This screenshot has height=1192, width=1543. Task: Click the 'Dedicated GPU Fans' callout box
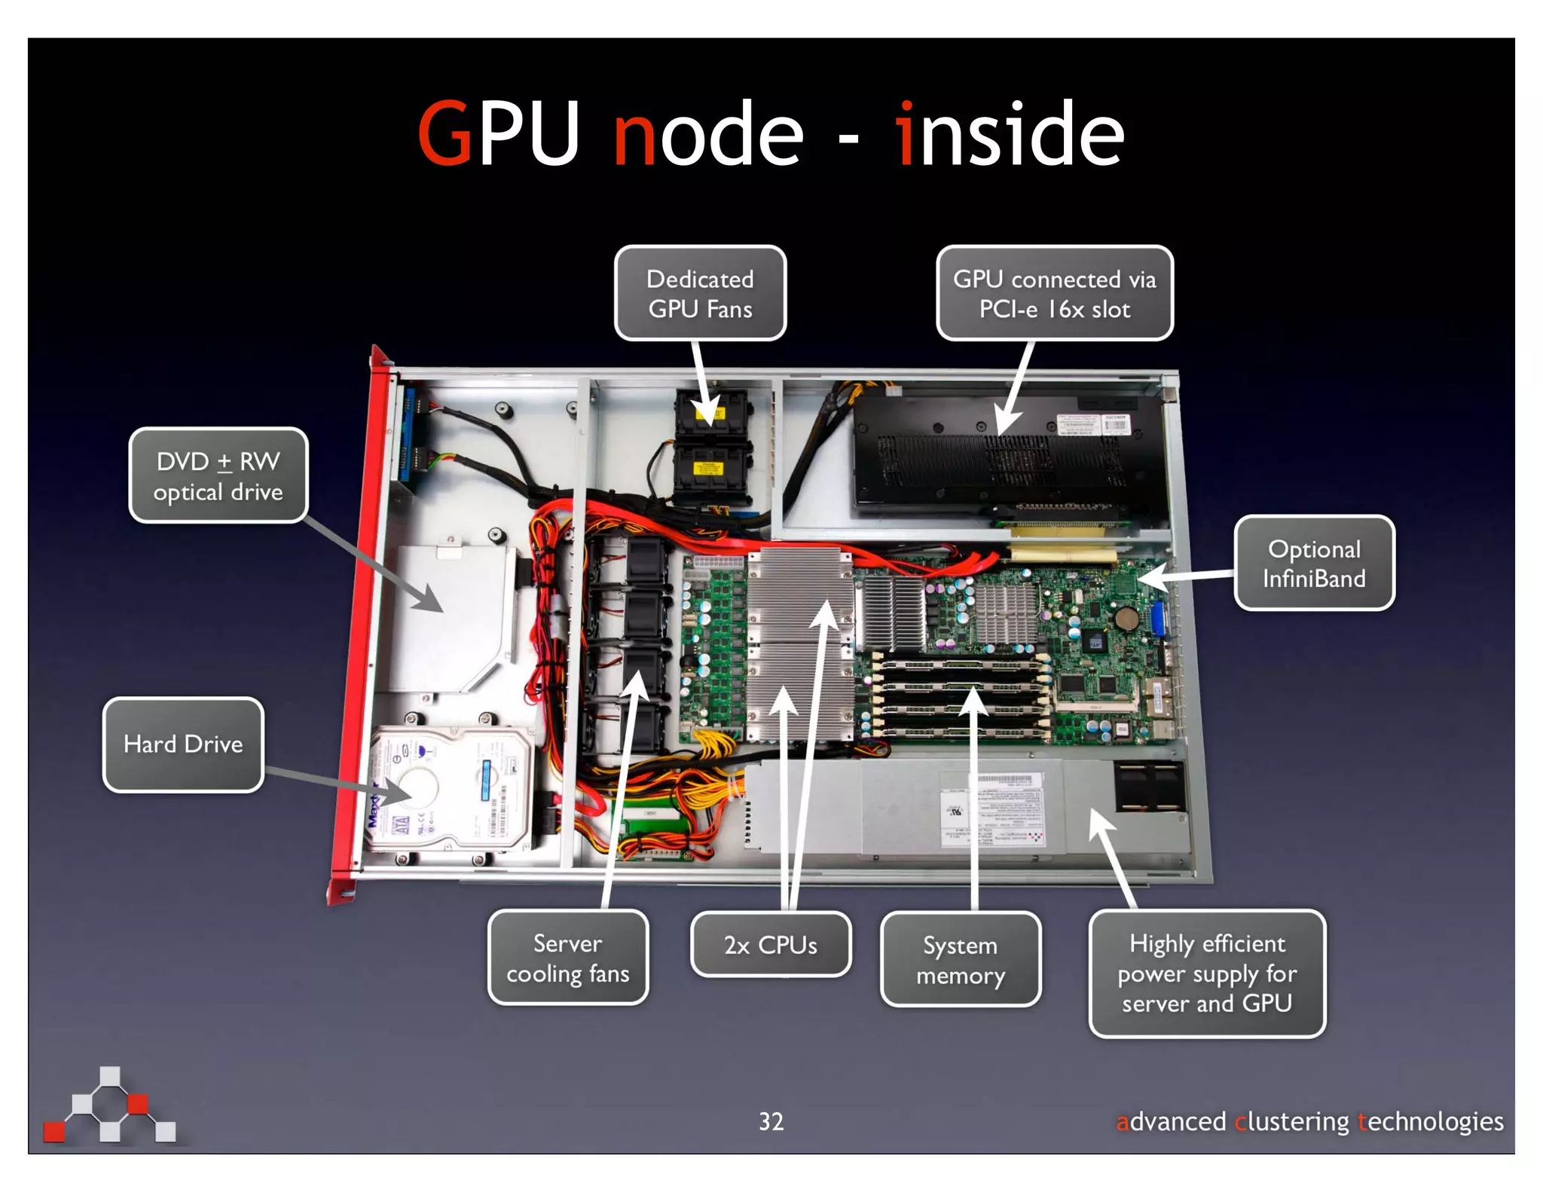pyautogui.click(x=700, y=294)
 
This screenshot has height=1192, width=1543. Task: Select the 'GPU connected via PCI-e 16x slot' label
pyautogui.click(x=1054, y=294)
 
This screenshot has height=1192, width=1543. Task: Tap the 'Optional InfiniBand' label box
pyautogui.click(x=1314, y=564)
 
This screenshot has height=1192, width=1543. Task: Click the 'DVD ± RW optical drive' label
pyautogui.click(x=218, y=476)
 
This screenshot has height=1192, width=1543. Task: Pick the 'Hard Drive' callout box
pyautogui.click(x=183, y=744)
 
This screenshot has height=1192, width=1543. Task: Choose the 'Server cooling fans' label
pyautogui.click(x=567, y=958)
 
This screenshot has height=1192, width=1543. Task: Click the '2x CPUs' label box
pyautogui.click(x=770, y=945)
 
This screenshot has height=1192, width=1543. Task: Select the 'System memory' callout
pyautogui.click(x=960, y=960)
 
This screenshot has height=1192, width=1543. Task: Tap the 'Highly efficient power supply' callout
pyautogui.click(x=1206, y=973)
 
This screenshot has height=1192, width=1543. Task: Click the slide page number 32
pyautogui.click(x=771, y=1121)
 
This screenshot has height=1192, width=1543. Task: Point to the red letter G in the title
pyautogui.click(x=445, y=134)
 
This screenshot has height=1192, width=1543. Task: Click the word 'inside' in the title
pyautogui.click(x=1010, y=134)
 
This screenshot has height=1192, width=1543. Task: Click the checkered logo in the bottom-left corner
pyautogui.click(x=110, y=1106)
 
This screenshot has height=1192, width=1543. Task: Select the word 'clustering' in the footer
pyautogui.click(x=1291, y=1121)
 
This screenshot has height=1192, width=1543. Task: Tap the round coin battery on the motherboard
pyautogui.click(x=1127, y=619)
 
